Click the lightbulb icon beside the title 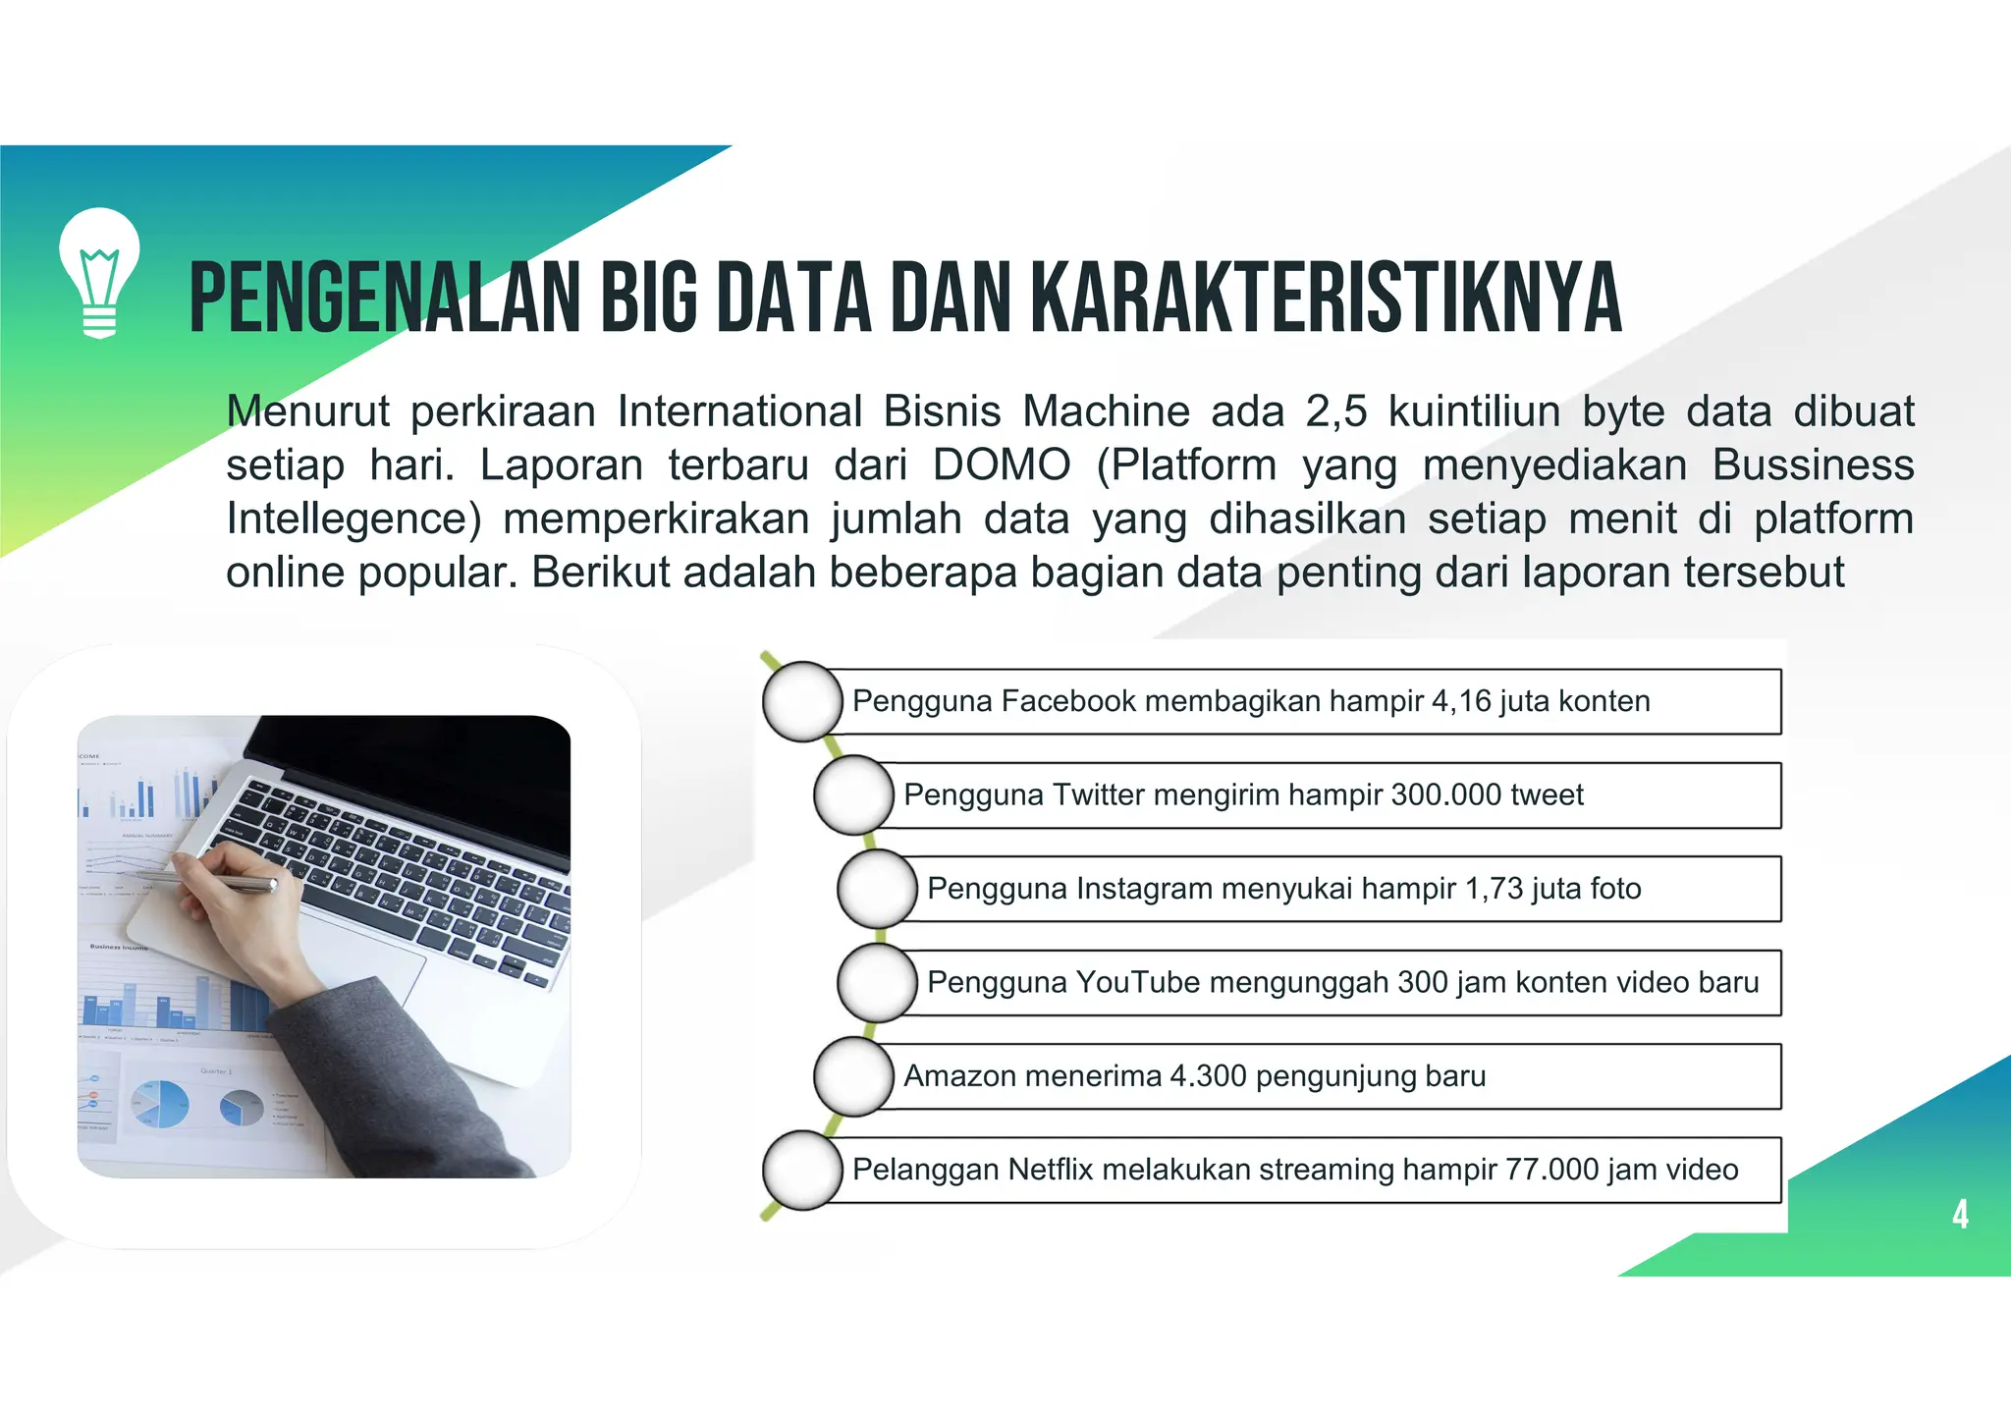coord(99,272)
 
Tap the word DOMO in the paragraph coord(1002,465)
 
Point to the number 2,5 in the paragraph coord(1335,411)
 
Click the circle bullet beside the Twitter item coord(853,794)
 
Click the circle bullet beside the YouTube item coord(877,982)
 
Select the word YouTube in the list coord(1137,982)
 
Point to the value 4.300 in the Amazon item coord(1208,1076)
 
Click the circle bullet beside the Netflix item coord(802,1170)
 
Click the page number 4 coord(1960,1215)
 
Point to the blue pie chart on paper coord(160,1104)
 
